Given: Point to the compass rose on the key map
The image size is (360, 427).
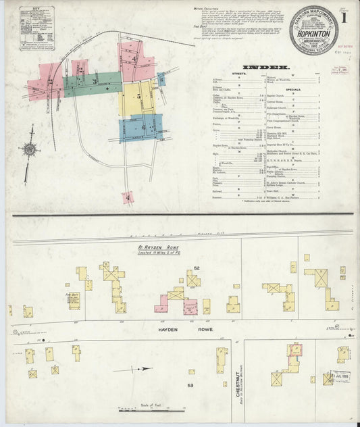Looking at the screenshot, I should point(29,149).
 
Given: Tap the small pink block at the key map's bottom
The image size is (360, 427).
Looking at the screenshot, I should point(128,197).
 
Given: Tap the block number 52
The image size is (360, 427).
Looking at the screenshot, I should point(197,268).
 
